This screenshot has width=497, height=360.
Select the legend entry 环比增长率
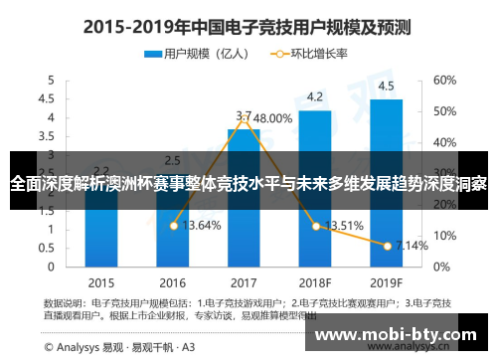click(312, 54)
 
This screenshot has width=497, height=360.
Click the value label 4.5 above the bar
click(386, 86)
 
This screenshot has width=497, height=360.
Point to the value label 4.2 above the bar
click(314, 97)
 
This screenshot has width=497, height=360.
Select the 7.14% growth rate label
click(411, 245)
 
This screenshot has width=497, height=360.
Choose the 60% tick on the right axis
click(443, 80)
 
